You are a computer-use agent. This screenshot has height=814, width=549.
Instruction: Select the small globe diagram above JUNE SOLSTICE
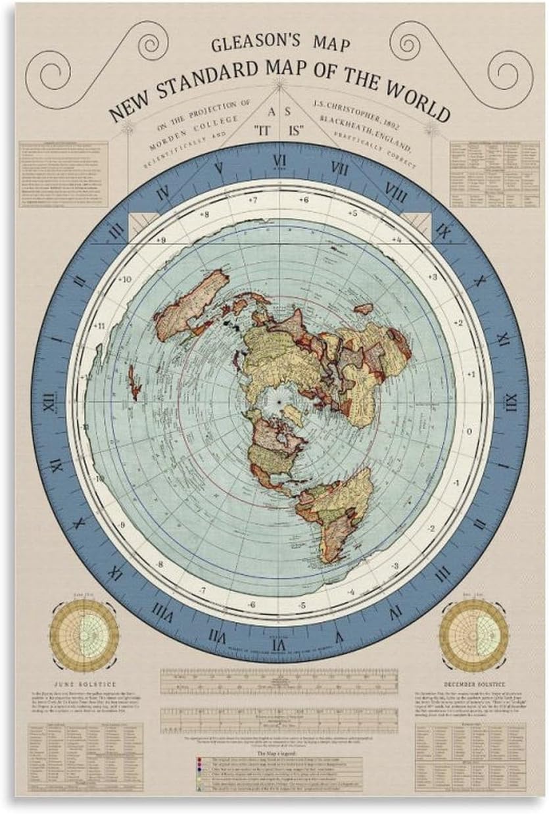point(84,634)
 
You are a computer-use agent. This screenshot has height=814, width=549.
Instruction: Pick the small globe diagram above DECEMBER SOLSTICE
point(474,634)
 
